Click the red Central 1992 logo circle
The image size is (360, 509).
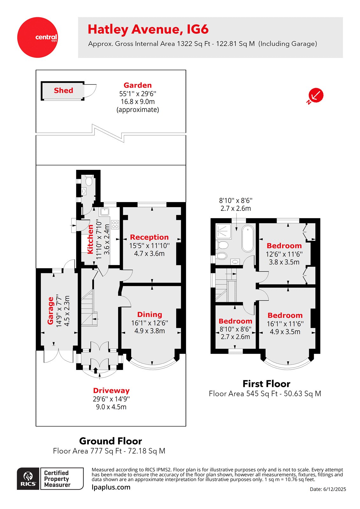point(37,37)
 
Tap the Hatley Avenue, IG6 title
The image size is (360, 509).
point(148,29)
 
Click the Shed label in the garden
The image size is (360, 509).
point(63,91)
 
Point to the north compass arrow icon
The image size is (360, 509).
point(316,95)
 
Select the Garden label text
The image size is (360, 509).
point(138,85)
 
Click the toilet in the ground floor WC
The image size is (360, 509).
point(88,181)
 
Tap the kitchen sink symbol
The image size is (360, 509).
point(104,212)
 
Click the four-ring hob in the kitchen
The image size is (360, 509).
point(115,225)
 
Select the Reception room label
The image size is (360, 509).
point(149,237)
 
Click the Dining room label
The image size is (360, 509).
point(150,315)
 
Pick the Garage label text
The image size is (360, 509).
point(50,310)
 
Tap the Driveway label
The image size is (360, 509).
point(111,391)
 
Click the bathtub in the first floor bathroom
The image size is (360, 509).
point(248,239)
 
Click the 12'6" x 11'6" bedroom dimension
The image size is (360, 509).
point(284,254)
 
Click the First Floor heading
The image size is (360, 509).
point(266,384)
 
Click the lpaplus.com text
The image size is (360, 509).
point(111,487)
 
